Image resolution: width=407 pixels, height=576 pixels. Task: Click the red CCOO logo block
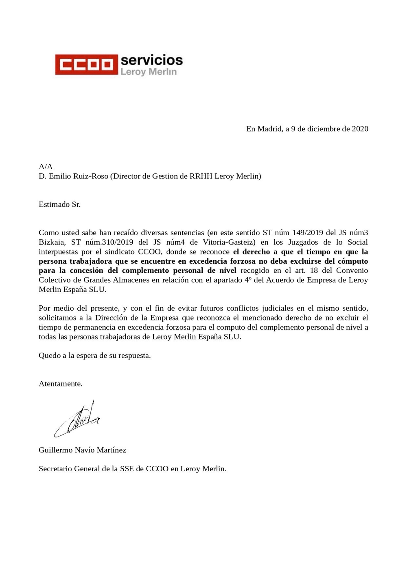click(x=86, y=65)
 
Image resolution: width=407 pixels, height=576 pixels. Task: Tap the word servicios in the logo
click(x=151, y=60)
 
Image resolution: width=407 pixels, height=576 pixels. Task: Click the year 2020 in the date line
click(x=360, y=129)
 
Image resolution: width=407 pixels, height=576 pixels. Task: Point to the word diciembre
click(x=324, y=129)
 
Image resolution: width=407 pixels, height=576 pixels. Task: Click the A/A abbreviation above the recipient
click(x=46, y=166)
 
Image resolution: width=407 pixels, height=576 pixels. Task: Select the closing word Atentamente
click(x=61, y=384)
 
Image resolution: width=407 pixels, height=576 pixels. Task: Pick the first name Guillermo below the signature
click(x=55, y=450)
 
